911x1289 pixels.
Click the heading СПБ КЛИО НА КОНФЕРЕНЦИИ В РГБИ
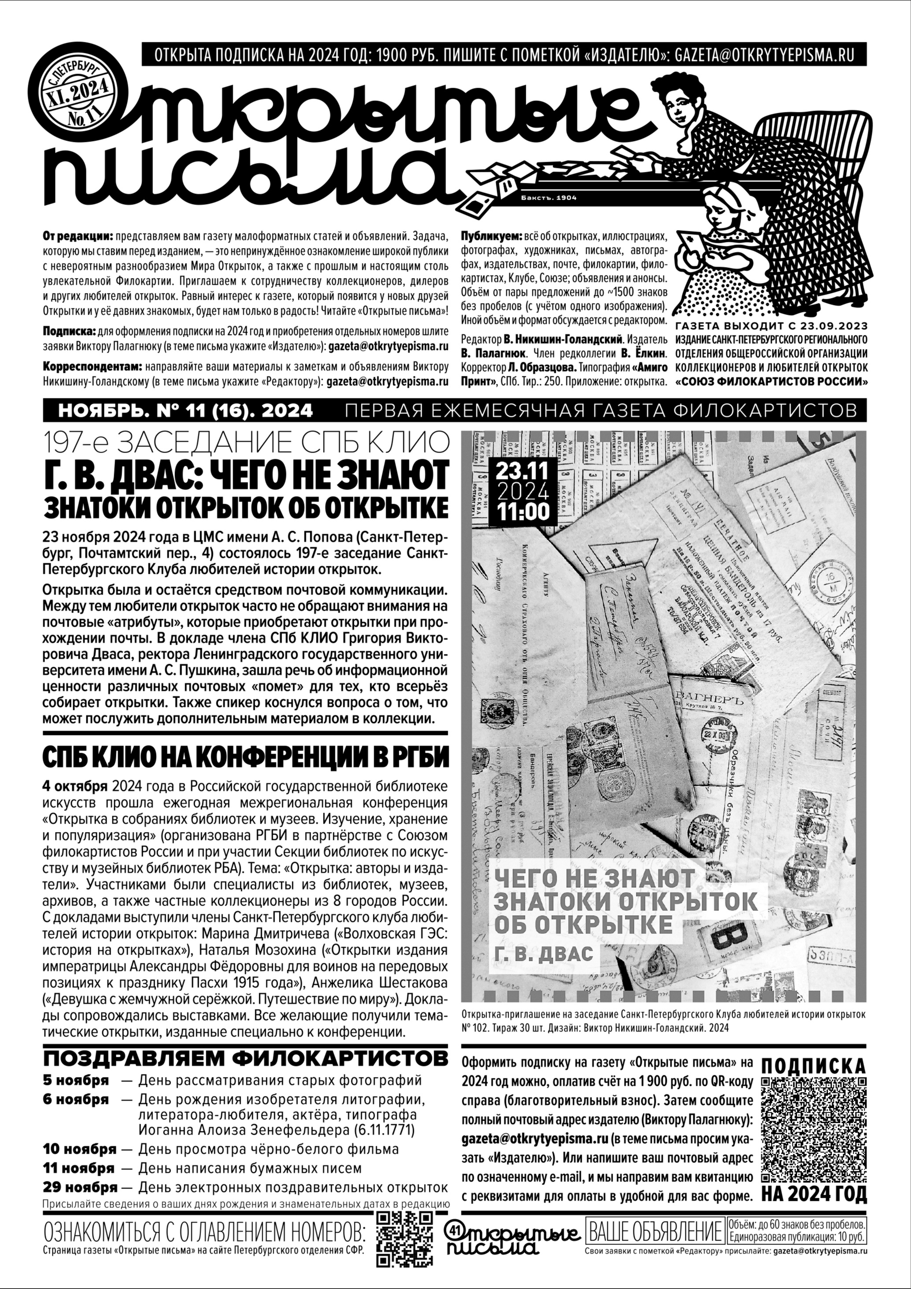(x=246, y=758)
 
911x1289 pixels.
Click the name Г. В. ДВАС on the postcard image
(x=544, y=953)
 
